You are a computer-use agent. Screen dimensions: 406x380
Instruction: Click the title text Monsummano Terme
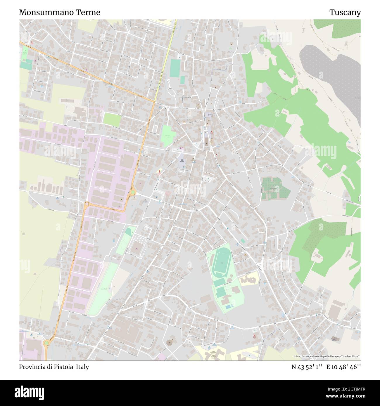point(59,12)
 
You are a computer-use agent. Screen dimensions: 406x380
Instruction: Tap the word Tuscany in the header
point(345,12)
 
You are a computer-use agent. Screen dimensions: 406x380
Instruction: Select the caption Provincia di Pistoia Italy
point(54,367)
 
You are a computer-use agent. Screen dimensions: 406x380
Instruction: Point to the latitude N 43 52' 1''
point(307,367)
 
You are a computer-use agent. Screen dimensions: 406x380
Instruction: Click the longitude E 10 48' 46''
point(344,367)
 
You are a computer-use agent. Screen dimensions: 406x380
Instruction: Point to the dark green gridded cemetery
point(274,188)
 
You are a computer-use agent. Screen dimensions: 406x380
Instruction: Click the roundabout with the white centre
point(87,204)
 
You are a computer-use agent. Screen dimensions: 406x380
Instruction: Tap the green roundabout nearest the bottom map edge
point(46,343)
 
